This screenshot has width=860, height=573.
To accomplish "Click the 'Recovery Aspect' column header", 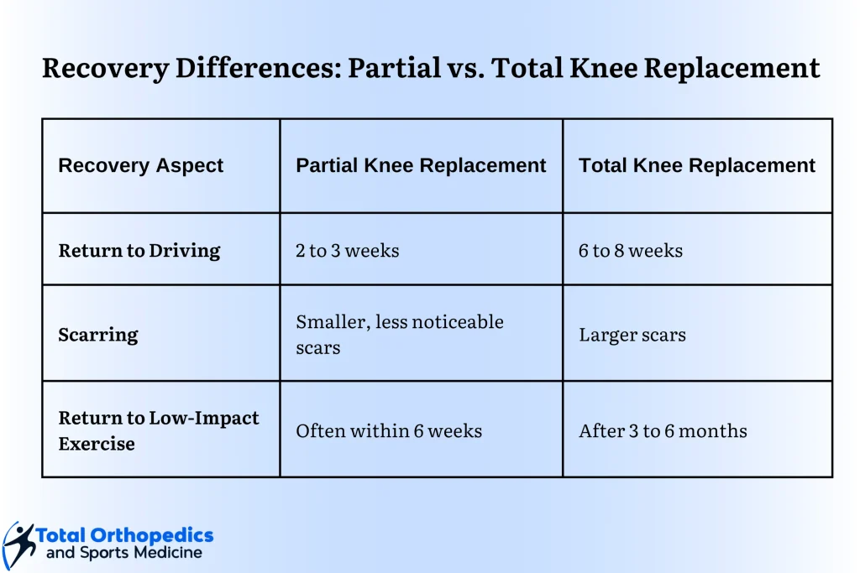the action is [140, 165].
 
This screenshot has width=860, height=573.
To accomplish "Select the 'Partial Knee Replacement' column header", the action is [421, 165].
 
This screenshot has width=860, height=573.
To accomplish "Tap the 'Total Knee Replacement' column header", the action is [697, 165].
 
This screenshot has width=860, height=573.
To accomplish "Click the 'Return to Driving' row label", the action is [139, 250].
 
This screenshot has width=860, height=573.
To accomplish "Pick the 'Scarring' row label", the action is [98, 335].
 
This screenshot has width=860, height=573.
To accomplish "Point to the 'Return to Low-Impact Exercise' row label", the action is [159, 430].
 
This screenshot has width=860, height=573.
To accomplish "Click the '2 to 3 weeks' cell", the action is [347, 250].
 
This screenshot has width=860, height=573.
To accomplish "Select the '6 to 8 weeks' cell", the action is [631, 250].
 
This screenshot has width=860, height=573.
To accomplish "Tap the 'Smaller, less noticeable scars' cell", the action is [399, 334].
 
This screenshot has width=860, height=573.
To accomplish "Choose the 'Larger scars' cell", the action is [632, 335].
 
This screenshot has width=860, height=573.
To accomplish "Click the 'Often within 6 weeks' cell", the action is [389, 430].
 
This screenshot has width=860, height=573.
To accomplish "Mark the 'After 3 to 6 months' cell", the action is [663, 430].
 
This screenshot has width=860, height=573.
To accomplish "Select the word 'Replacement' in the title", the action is [732, 69].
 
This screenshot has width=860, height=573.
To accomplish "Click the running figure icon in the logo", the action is [18, 545].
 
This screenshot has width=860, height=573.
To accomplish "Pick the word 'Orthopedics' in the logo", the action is [152, 536].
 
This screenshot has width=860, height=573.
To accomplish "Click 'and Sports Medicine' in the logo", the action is [124, 553].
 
